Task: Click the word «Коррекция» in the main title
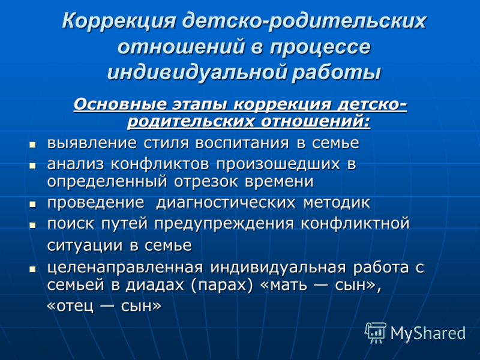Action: pyautogui.click(x=119, y=22)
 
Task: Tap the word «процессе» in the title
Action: pyautogui.click(x=320, y=47)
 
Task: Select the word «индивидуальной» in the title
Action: pyautogui.click(x=197, y=73)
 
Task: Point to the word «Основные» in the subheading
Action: pyautogui.click(x=121, y=104)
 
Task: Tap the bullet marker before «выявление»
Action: pyautogui.click(x=32, y=145)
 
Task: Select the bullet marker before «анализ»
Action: pyautogui.click(x=32, y=166)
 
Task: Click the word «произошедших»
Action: pyautogui.click(x=278, y=164)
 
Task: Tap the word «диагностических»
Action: pyautogui.click(x=226, y=203)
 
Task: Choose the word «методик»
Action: pyautogui.click(x=337, y=203)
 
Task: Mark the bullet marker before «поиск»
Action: pyautogui.click(x=32, y=225)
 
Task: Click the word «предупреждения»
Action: pyautogui.click(x=224, y=224)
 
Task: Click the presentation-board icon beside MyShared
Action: pyautogui.click(x=376, y=332)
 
